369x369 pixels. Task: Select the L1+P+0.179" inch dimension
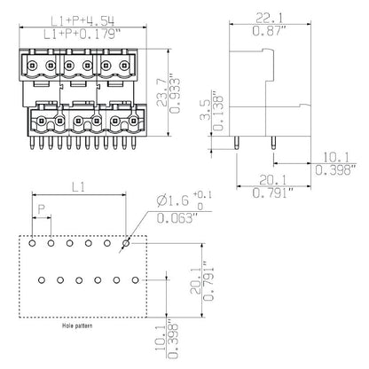[87, 34]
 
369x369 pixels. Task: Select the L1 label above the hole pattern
[77, 189]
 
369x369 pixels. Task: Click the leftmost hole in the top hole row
[32, 241]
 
